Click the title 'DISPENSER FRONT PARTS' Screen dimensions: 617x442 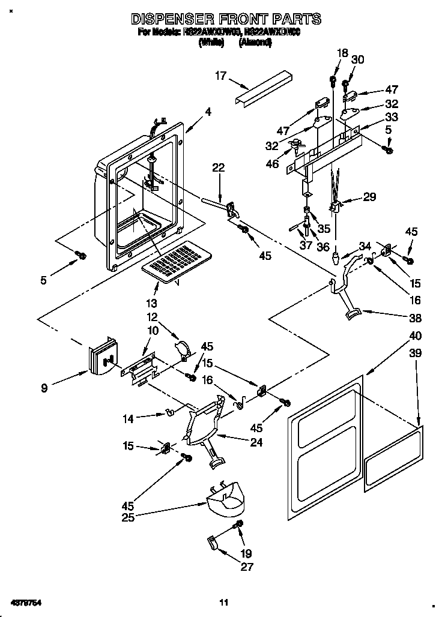click(226, 19)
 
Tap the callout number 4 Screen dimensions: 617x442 click(208, 111)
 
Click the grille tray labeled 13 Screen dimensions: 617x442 click(174, 262)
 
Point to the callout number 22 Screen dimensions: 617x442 click(218, 168)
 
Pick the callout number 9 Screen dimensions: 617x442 click(44, 388)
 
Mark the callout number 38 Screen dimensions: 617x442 click(414, 318)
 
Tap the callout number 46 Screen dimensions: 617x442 click(272, 163)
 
